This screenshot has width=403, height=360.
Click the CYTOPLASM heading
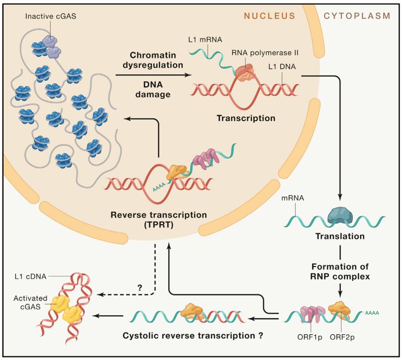[x=357, y=15]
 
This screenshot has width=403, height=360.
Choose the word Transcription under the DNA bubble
[x=246, y=118]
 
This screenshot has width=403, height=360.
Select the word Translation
[x=340, y=237]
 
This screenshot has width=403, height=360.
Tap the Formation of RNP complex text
[x=340, y=271]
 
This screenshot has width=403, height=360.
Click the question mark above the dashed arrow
[x=140, y=287]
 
